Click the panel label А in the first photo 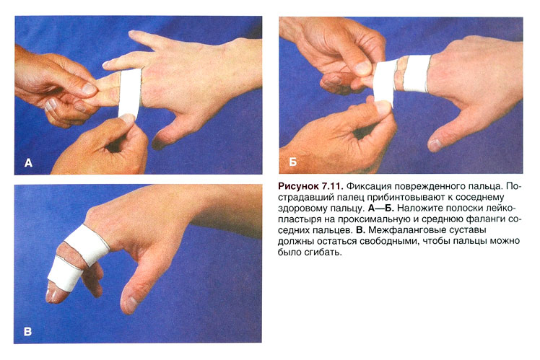[29, 162]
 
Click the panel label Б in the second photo [292, 162]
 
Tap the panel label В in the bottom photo [27, 331]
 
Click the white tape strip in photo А [129, 92]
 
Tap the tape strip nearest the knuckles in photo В [87, 245]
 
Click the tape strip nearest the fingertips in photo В [65, 274]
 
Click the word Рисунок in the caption [299, 187]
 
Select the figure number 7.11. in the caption [332, 186]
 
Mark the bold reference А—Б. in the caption [381, 208]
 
